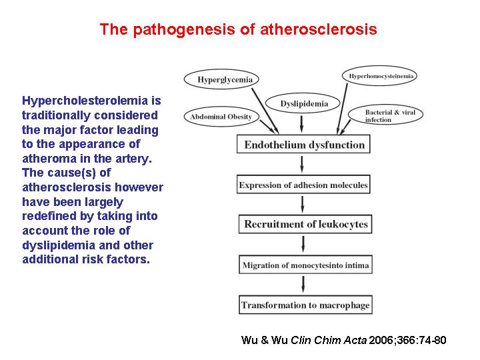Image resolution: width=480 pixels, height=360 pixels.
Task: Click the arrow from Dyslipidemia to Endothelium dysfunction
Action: [302, 124]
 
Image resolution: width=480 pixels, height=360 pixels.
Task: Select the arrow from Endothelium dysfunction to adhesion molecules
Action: [302, 164]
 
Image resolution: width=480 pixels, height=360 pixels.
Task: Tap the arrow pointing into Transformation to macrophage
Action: [303, 285]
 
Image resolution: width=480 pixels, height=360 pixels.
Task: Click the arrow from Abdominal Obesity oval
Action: [267, 126]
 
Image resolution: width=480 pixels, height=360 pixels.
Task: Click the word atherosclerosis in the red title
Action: [319, 29]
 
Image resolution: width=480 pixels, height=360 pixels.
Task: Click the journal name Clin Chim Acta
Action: [329, 340]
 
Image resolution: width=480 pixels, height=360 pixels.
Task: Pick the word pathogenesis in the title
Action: [184, 30]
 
